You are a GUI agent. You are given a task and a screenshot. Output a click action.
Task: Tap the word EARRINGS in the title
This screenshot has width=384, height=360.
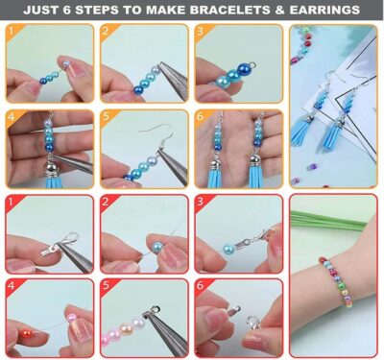pos(324,10)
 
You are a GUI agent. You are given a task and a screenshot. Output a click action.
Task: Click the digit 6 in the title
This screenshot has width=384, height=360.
pos(66,10)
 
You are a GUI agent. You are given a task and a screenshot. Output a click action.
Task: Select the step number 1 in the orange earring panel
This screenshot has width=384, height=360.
pos(12,31)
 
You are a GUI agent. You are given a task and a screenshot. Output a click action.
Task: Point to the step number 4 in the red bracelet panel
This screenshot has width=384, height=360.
pos(12,285)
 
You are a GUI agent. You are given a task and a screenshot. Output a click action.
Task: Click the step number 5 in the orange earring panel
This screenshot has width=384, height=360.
pos(107,116)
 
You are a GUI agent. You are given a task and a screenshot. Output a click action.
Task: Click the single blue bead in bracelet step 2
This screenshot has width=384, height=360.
pos(156,248)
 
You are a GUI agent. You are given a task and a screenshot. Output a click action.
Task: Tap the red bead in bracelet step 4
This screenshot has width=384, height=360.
pos(26,334)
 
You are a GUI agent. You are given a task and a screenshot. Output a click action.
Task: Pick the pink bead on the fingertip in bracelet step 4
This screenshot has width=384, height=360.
pos(71,318)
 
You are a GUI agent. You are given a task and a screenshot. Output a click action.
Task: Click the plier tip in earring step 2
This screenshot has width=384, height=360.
pos(160,65)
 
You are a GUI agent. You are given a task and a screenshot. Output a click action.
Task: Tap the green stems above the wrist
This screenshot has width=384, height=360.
pos(327,220)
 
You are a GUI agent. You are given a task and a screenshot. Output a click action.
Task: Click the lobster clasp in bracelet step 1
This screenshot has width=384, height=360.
pos(69,239)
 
